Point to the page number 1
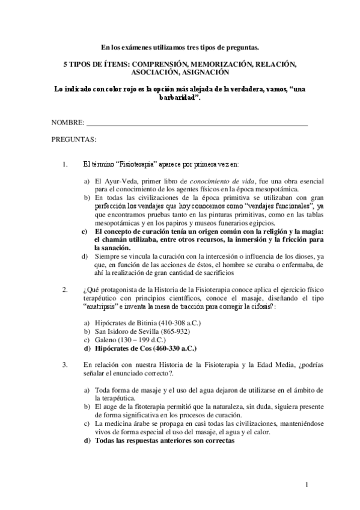pos(307,485)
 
